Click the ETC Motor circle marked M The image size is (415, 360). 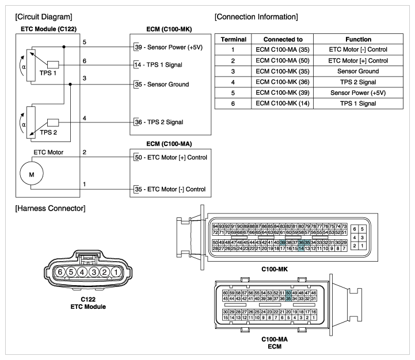(x=32, y=173)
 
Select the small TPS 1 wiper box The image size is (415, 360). (x=53, y=64)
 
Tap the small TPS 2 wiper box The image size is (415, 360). (x=53, y=122)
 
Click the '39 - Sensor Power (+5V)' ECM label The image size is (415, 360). (x=169, y=47)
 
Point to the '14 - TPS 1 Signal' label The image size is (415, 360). (x=158, y=65)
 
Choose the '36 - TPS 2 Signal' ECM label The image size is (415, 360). (x=159, y=122)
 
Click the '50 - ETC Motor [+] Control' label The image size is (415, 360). (x=171, y=158)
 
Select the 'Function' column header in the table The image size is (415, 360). (x=359, y=40)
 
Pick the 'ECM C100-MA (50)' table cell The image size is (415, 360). (x=283, y=60)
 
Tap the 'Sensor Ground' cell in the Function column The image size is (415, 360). (x=358, y=71)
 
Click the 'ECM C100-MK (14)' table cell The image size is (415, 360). (x=283, y=104)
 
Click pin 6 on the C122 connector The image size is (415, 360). (x=60, y=272)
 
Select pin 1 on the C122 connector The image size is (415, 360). (x=116, y=272)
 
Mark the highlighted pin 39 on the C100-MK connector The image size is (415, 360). (x=283, y=242)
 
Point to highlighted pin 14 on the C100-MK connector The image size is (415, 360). (x=301, y=248)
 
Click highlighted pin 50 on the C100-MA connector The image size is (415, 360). (x=288, y=293)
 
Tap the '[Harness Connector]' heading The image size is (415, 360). (x=50, y=208)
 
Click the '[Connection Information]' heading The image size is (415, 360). (x=256, y=17)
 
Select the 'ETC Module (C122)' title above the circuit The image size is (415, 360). (x=49, y=29)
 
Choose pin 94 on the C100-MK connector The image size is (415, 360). (x=215, y=227)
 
